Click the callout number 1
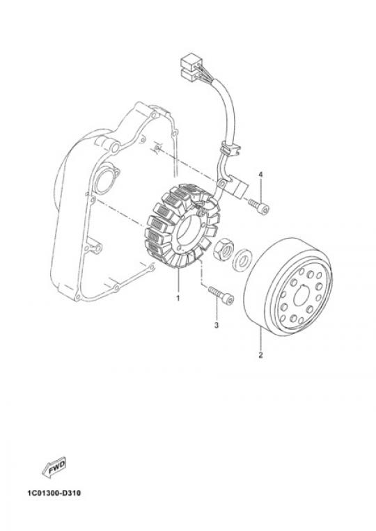click(x=178, y=298)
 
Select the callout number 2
click(x=260, y=355)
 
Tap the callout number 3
click(x=217, y=325)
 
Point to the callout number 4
click(x=260, y=175)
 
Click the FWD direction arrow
click(x=54, y=468)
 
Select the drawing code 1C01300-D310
click(x=54, y=493)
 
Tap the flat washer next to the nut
click(x=242, y=260)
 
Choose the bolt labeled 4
click(x=259, y=206)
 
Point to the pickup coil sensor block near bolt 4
click(x=239, y=188)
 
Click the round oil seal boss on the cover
click(x=105, y=179)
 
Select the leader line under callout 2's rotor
click(x=260, y=338)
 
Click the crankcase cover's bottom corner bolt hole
click(x=77, y=298)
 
